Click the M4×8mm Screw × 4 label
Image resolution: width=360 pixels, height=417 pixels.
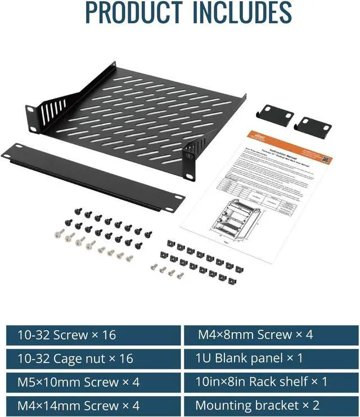(255, 336)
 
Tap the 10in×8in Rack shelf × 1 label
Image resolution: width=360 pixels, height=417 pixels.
(262, 382)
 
